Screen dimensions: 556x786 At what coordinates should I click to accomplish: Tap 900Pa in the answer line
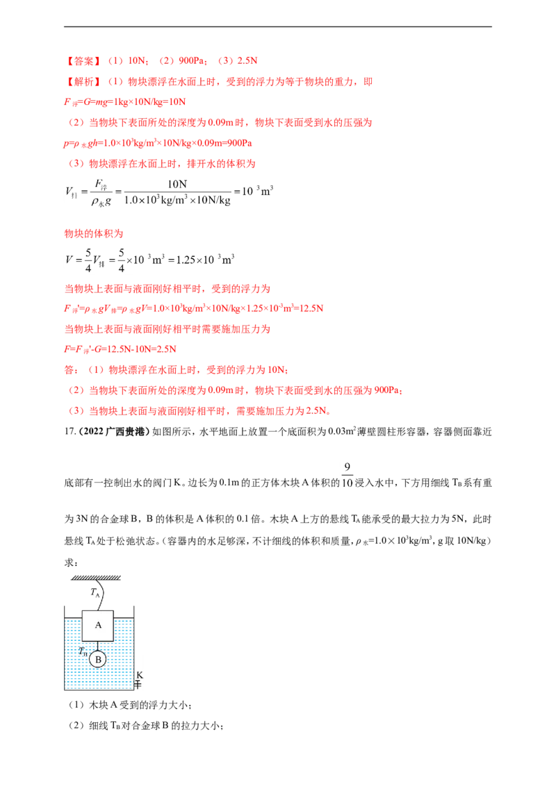click(x=193, y=61)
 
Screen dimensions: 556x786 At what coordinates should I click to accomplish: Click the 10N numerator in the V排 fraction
click(x=177, y=185)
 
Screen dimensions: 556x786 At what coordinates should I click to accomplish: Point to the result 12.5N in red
click(x=311, y=308)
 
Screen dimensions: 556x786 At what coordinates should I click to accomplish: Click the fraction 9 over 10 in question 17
click(x=347, y=475)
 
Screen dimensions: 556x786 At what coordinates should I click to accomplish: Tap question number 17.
click(x=69, y=432)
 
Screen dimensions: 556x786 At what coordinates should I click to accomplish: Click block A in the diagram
click(x=98, y=626)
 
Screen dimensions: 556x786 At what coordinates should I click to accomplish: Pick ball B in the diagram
click(x=99, y=659)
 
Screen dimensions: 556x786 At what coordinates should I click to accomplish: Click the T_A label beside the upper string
click(x=95, y=592)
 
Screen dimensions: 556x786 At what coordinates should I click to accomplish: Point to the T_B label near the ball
click(x=83, y=652)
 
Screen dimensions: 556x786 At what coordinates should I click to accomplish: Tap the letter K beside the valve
click(x=140, y=675)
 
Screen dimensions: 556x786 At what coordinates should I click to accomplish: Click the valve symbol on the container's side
click(x=138, y=684)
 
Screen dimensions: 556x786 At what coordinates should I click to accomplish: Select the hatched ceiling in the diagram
click(x=96, y=578)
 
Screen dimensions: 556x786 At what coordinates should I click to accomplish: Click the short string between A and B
click(x=99, y=646)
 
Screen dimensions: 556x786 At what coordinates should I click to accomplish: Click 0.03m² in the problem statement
click(x=342, y=432)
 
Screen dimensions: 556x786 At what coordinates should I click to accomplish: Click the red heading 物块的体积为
click(x=94, y=233)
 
